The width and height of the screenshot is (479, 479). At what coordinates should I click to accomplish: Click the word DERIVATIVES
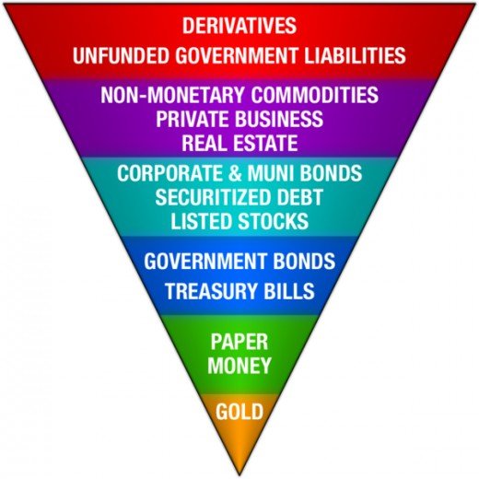coord(239,26)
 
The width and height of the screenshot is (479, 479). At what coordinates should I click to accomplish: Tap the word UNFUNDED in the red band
coord(122,55)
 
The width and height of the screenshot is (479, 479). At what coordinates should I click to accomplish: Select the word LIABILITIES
coord(355,55)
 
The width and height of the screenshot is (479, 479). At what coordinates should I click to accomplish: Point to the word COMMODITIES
coord(315,94)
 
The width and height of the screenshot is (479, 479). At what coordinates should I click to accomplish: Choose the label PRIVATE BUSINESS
coord(239,119)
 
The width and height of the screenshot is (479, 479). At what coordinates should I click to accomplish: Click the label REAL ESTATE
coord(239,143)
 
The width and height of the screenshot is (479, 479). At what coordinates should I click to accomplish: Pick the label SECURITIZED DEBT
coord(239,197)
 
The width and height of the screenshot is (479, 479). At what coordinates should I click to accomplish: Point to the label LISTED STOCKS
coord(239,221)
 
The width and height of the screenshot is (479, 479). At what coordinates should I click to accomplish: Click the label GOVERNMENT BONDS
coord(239,261)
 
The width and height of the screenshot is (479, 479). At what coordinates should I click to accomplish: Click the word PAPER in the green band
coord(239,342)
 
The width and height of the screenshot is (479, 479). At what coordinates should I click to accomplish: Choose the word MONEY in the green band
coord(239,366)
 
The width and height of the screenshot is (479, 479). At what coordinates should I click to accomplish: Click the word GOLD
coord(239,412)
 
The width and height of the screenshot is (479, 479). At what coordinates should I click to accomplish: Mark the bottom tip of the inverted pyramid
coord(239,475)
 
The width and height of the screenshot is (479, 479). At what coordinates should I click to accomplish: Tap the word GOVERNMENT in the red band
coord(237,55)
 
